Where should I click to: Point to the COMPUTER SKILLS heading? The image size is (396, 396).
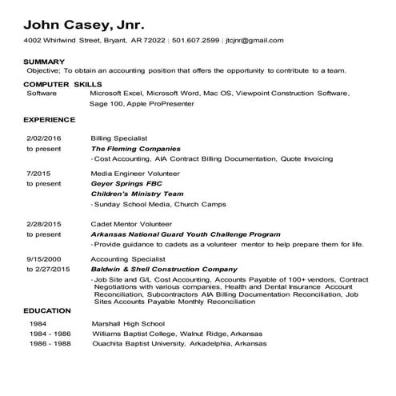click(58, 83)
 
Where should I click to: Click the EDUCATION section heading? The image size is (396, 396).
click(47, 310)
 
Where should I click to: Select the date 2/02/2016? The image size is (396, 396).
click(43, 138)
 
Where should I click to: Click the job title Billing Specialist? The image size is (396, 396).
click(119, 138)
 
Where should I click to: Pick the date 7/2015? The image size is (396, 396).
click(38, 172)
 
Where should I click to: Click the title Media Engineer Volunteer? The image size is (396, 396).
click(135, 172)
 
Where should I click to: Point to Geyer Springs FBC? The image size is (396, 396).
click(126, 183)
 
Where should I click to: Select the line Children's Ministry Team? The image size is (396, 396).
click(138, 194)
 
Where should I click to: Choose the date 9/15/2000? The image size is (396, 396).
click(43, 259)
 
